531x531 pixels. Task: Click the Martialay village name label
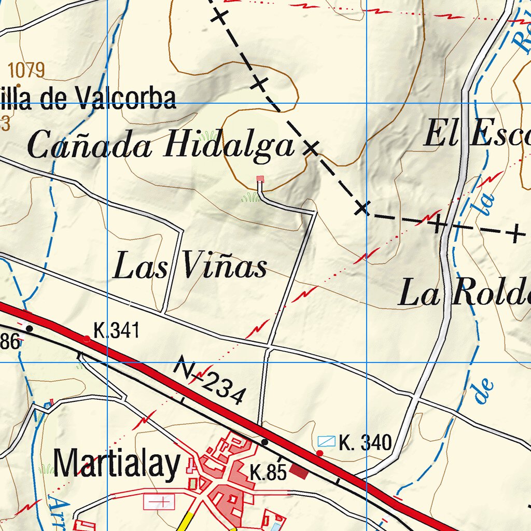pyautogui.click(x=117, y=464)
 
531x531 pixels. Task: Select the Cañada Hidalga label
pyautogui.click(x=161, y=145)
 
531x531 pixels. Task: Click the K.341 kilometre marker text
pyautogui.click(x=117, y=330)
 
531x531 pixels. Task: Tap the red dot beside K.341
pyautogui.click(x=87, y=339)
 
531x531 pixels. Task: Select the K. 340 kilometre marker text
pyautogui.click(x=365, y=443)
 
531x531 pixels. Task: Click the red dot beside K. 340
pyautogui.click(x=320, y=453)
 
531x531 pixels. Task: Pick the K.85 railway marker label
pyautogui.click(x=268, y=473)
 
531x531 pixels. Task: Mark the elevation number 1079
pyautogui.click(x=27, y=69)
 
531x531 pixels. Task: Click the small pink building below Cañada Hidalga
pyautogui.click(x=260, y=179)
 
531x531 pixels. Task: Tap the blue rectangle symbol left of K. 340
pyautogui.click(x=327, y=441)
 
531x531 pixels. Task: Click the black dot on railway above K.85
pyautogui.click(x=264, y=442)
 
